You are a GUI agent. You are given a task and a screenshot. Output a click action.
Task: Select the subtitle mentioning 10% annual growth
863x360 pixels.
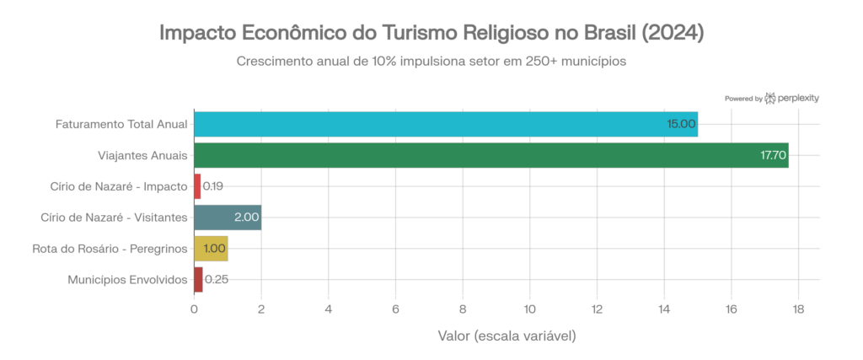(x=431, y=62)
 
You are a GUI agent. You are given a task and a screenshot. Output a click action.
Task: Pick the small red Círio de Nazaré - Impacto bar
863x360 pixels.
(x=198, y=185)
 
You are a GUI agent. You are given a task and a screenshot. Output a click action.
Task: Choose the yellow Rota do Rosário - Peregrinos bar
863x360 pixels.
(x=211, y=248)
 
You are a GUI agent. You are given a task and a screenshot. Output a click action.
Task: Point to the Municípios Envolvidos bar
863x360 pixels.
(x=199, y=279)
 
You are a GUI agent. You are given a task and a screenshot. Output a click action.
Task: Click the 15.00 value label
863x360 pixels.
(x=681, y=124)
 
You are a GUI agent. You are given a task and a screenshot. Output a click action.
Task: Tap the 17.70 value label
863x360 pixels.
(x=773, y=155)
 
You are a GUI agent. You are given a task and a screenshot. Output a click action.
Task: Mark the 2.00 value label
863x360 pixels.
(x=246, y=217)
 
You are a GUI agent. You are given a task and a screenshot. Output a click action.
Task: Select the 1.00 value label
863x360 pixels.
(x=215, y=248)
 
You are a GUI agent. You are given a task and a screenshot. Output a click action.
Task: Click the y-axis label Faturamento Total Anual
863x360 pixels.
(x=121, y=124)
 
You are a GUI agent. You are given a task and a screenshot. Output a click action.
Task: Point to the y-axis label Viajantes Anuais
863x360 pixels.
(x=142, y=155)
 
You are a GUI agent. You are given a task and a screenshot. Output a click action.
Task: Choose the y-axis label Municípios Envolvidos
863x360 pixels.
(x=126, y=279)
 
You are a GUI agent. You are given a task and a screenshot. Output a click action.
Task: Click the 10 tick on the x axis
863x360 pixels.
(x=529, y=309)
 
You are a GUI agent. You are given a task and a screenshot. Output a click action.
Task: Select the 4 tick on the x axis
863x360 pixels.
(x=328, y=309)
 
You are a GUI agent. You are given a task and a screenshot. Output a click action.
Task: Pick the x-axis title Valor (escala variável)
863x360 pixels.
(x=507, y=336)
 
